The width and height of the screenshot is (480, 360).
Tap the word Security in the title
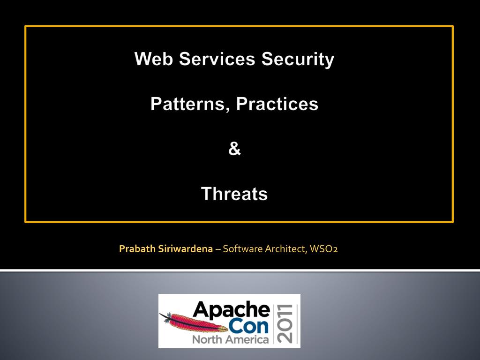(298, 60)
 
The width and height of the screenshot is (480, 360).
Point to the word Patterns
(187, 104)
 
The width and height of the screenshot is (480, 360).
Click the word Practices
(277, 104)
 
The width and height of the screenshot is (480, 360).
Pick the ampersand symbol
(234, 149)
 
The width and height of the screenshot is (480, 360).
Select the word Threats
(234, 194)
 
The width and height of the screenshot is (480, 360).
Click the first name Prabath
(137, 248)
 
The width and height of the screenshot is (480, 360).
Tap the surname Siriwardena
(185, 248)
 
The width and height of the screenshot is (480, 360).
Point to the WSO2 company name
(323, 248)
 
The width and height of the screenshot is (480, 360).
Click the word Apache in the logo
(232, 310)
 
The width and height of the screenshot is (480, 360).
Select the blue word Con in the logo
(248, 326)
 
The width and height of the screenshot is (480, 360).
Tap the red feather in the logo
(194, 322)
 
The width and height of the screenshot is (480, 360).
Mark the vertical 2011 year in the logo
(285, 323)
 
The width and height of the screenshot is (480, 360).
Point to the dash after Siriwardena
(217, 249)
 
